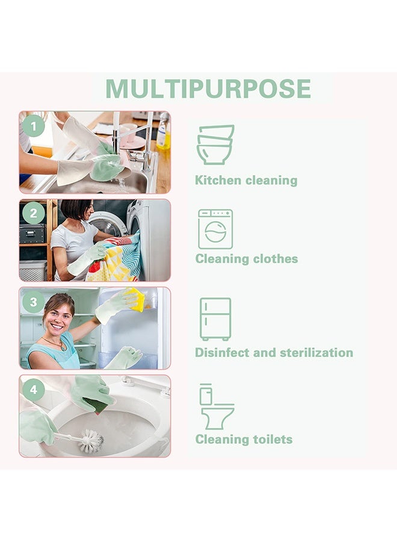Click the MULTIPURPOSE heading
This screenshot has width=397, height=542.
(208, 89)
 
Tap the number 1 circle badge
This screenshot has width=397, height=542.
(34, 126)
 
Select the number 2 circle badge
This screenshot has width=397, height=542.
(34, 213)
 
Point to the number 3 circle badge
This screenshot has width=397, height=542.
(34, 301)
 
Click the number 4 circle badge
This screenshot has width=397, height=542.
(34, 390)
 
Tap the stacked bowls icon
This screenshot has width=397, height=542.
(215, 145)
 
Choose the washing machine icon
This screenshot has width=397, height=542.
(215, 229)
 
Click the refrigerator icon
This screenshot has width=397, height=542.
(215, 319)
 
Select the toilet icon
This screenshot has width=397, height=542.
(216, 406)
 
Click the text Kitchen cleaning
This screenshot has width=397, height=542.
(246, 180)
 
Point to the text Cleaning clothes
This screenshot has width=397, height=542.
(247, 259)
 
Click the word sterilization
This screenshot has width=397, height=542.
(318, 353)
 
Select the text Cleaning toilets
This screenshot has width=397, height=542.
(244, 440)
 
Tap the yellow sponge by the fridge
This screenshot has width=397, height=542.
(135, 299)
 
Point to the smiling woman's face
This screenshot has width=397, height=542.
(59, 314)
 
